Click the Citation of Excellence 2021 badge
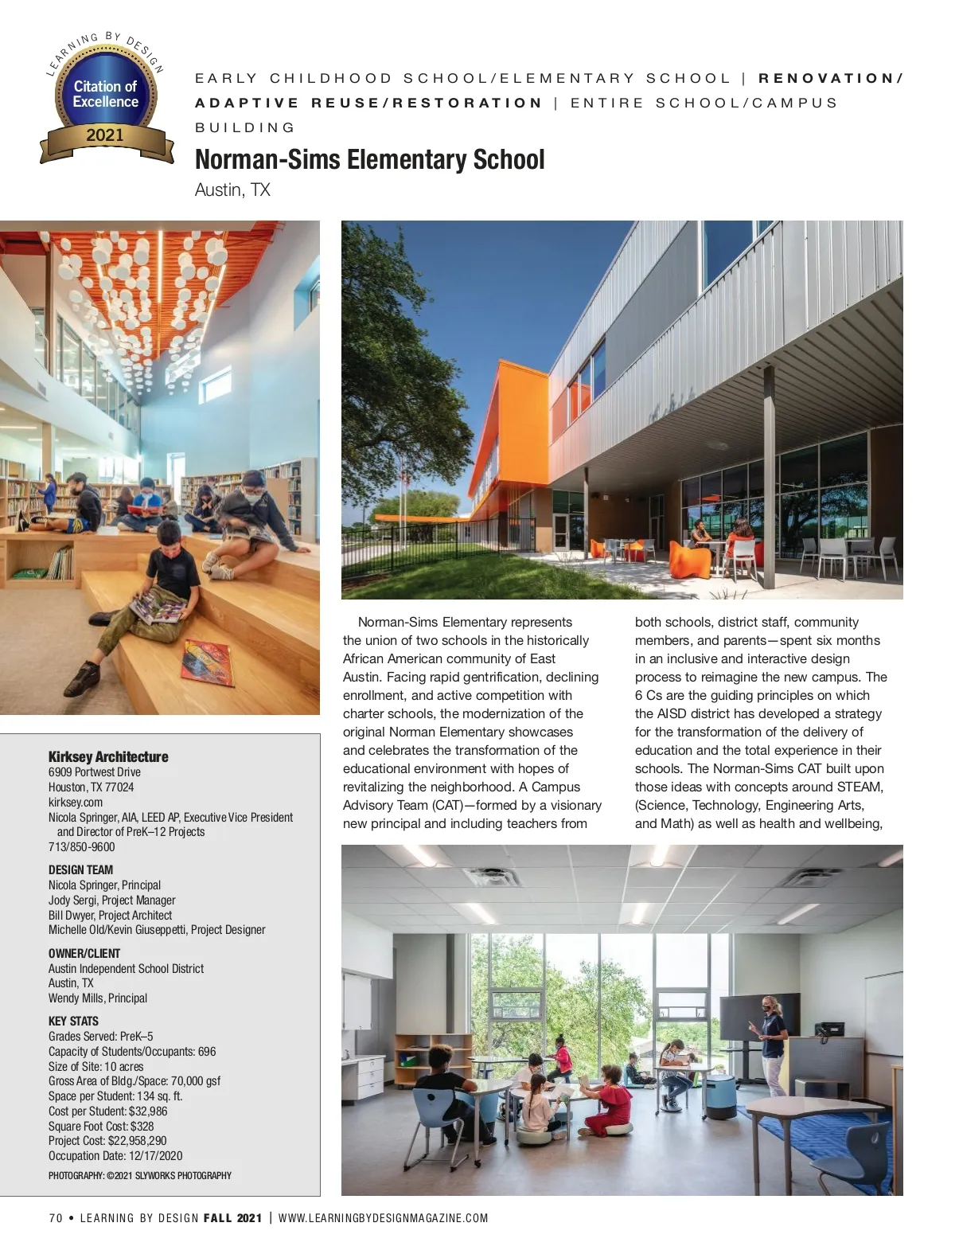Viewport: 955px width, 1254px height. [106, 100]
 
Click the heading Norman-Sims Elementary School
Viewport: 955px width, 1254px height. [369, 160]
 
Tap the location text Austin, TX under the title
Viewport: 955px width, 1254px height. [232, 190]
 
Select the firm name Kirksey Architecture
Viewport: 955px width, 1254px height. [108, 756]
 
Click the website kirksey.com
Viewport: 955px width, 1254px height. [76, 802]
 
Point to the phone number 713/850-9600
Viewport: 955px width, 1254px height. [81, 847]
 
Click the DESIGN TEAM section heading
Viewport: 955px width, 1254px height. [80, 869]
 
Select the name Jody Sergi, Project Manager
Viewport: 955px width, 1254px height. [111, 900]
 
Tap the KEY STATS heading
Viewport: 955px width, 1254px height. [73, 1021]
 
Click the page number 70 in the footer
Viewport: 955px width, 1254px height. [55, 1218]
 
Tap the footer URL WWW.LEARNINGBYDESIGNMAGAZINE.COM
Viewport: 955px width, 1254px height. [383, 1218]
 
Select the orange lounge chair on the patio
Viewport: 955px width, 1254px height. [687, 555]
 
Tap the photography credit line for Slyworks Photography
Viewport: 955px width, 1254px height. [140, 1175]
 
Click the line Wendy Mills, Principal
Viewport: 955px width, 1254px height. [98, 998]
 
